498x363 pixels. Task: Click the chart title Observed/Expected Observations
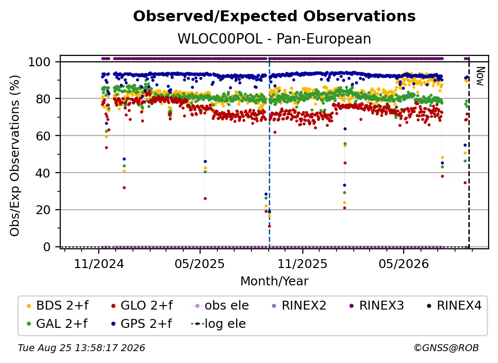point(274,16)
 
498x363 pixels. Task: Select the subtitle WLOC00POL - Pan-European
point(274,39)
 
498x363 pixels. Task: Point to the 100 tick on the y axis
point(40,62)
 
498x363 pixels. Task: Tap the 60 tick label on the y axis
point(43,136)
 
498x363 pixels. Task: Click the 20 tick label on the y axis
point(43,210)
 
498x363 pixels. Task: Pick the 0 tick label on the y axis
point(47,247)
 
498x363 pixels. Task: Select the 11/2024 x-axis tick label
point(99,264)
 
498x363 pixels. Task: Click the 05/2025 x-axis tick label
point(200,264)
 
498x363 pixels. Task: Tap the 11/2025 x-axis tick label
point(302,264)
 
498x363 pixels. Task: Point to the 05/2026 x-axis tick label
point(403,264)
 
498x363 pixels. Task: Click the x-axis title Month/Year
point(274,281)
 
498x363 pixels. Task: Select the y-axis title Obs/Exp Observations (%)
point(15,156)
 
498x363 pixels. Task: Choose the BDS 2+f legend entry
point(57,306)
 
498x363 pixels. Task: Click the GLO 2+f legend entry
point(142,306)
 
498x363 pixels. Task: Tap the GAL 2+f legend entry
point(57,323)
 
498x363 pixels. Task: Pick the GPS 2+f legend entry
point(141,323)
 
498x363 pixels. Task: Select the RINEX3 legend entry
point(376,306)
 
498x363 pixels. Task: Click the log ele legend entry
point(218,323)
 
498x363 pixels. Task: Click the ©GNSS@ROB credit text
point(446,348)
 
